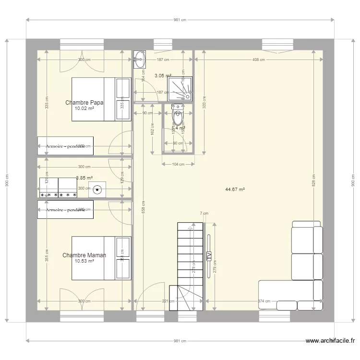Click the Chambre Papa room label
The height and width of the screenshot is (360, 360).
click(x=84, y=102)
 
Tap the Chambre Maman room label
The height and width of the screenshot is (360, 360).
click(x=84, y=255)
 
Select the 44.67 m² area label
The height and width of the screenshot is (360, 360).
click(x=235, y=189)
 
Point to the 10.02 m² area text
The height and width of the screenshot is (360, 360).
click(x=84, y=108)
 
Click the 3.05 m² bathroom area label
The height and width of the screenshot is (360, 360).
click(x=163, y=75)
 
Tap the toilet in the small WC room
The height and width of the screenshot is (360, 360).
click(x=178, y=115)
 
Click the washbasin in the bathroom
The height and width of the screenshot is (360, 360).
click(x=140, y=60)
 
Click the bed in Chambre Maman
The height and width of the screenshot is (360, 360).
click(x=101, y=258)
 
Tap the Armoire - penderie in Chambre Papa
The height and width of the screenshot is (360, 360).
click(x=65, y=146)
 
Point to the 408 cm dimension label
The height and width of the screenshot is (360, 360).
click(x=258, y=60)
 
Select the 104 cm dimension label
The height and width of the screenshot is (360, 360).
click(x=178, y=164)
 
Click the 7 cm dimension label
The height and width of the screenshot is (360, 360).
click(x=204, y=213)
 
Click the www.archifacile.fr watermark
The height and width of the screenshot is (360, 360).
click(x=331, y=341)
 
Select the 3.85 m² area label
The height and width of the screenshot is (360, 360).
click(x=84, y=178)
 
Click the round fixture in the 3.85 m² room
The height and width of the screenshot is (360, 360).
click(x=98, y=189)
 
